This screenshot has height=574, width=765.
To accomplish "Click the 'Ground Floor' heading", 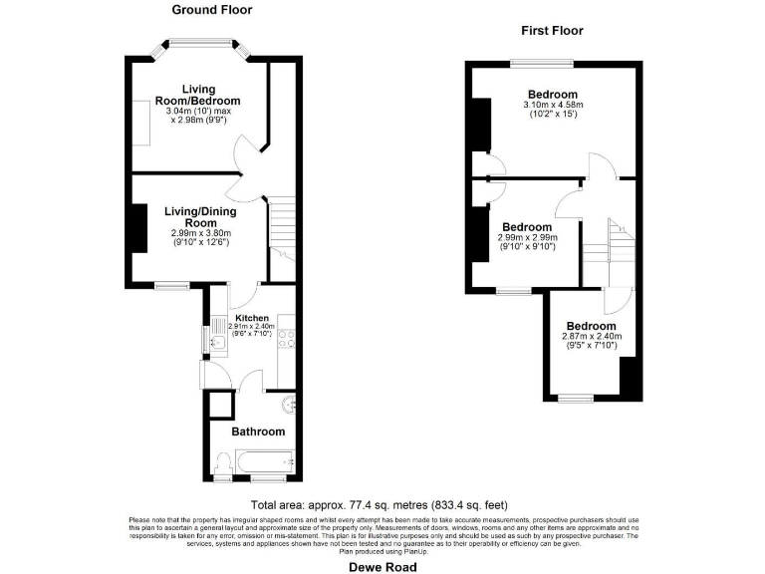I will (x=212, y=10).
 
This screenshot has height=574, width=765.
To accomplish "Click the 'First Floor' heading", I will (x=552, y=31).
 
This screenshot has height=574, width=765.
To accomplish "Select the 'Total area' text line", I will (x=382, y=504).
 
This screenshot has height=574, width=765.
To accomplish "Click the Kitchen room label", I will (x=252, y=318).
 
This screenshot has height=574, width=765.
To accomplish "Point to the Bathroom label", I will (x=258, y=431).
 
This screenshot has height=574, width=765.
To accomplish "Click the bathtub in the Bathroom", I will (x=263, y=461).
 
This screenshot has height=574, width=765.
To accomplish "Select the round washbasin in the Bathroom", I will (x=287, y=405).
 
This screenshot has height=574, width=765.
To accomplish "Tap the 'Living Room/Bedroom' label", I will (x=198, y=95).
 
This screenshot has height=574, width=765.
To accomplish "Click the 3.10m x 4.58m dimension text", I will (x=553, y=105).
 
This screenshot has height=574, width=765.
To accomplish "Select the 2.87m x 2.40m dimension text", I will (x=591, y=337).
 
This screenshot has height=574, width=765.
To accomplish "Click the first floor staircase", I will (x=609, y=245).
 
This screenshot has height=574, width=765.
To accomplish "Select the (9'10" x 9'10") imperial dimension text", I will (x=528, y=248).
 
